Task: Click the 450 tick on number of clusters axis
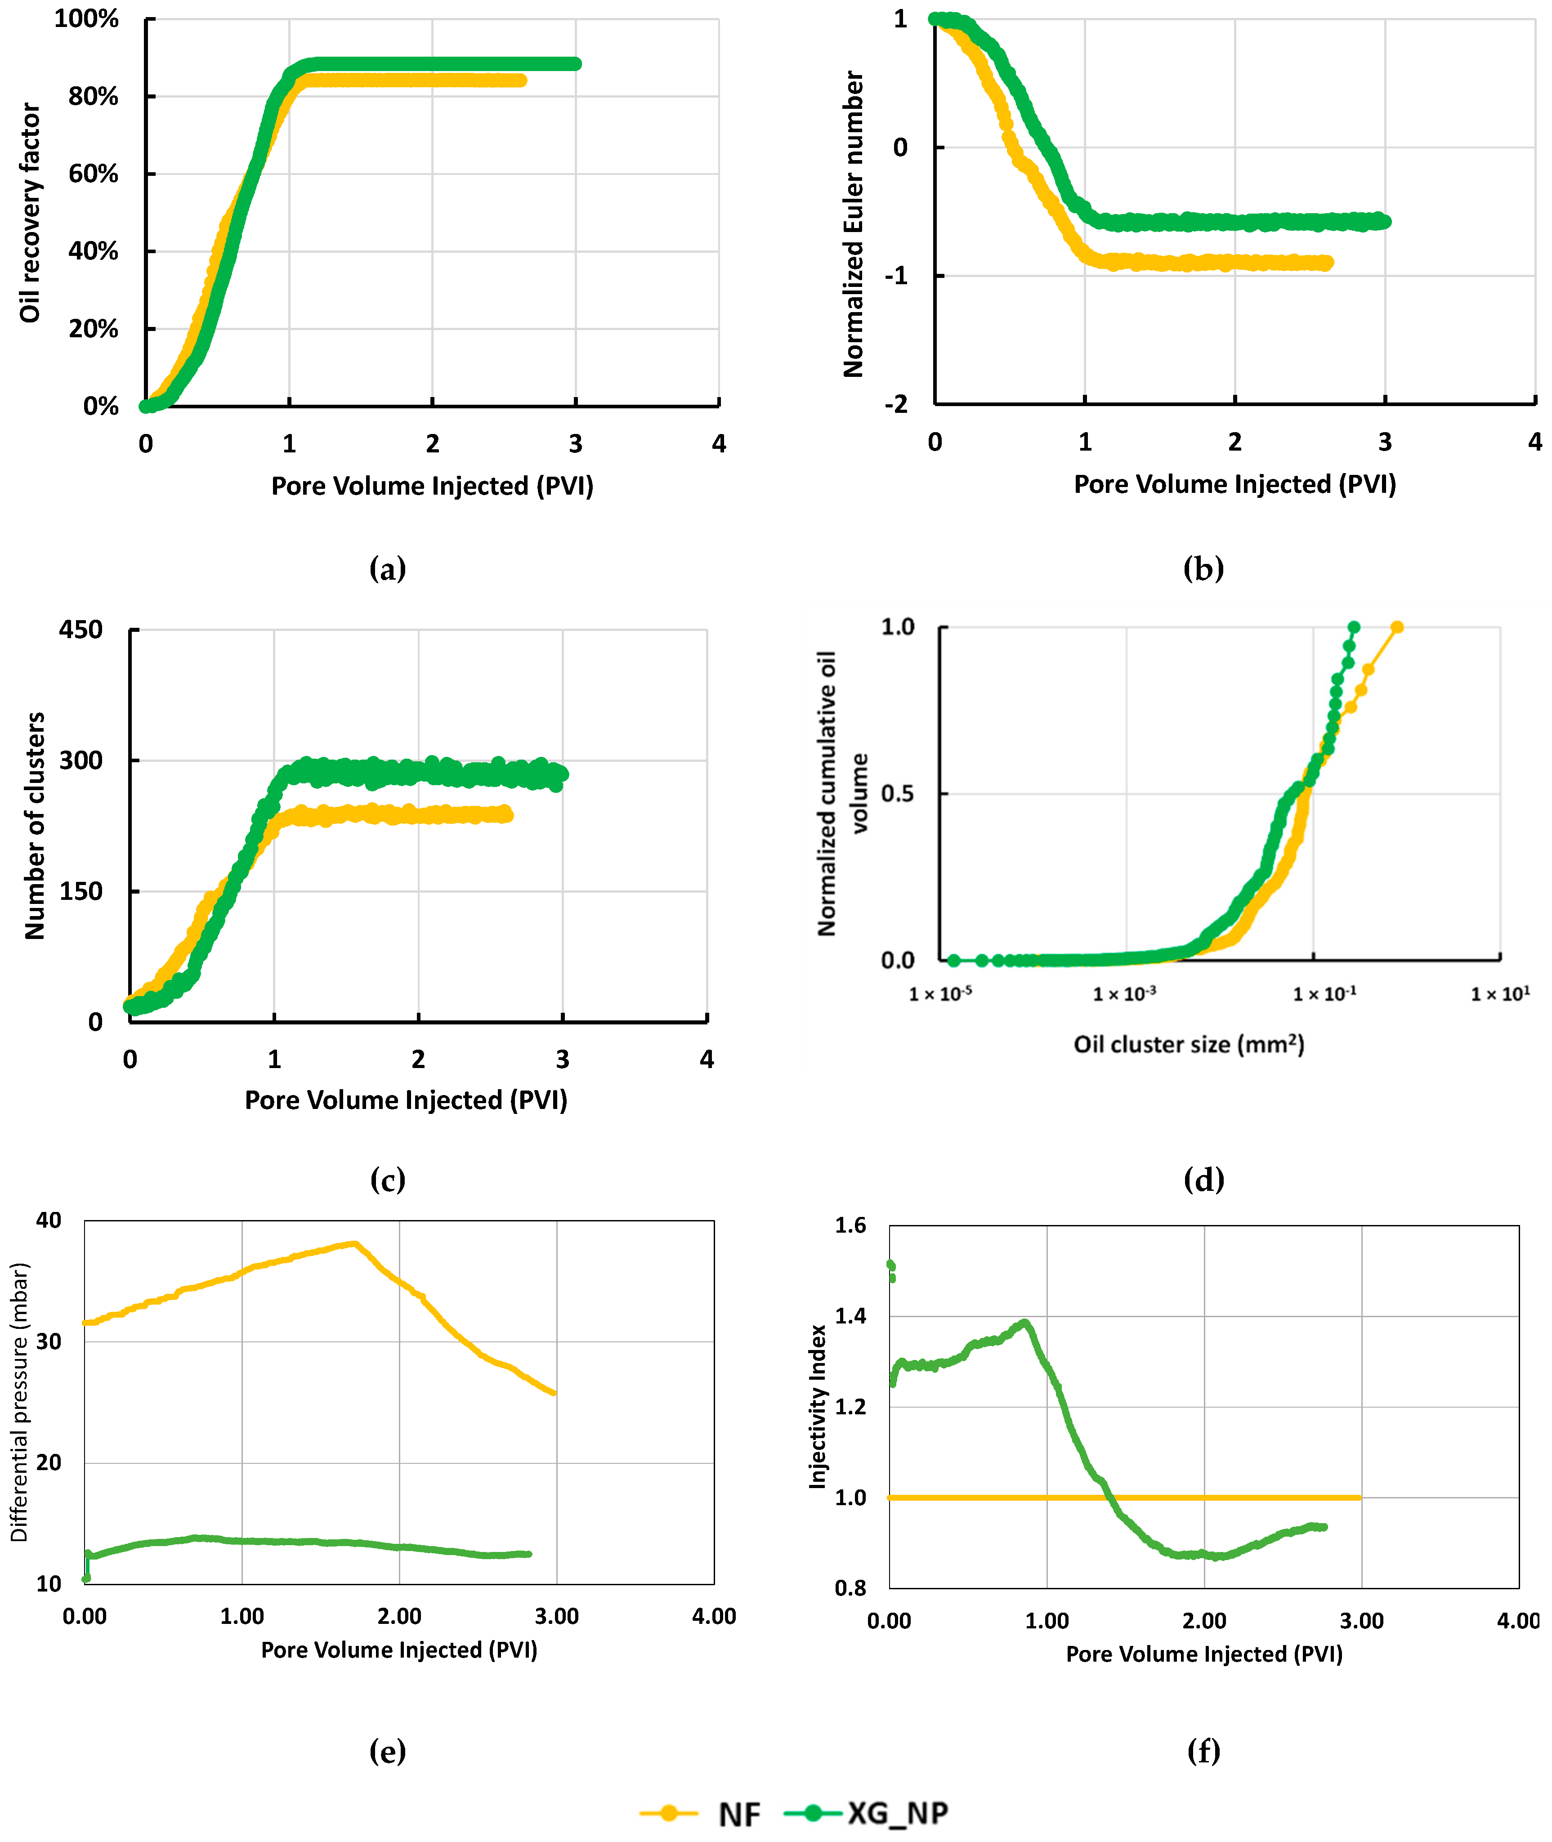[x=81, y=630]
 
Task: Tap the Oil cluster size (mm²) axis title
[x=1188, y=1044]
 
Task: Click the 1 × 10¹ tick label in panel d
[x=1500, y=994]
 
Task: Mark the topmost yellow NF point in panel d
[x=1396, y=627]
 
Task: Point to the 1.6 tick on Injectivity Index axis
[x=850, y=1225]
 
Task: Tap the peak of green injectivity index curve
[x=1024, y=1322]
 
